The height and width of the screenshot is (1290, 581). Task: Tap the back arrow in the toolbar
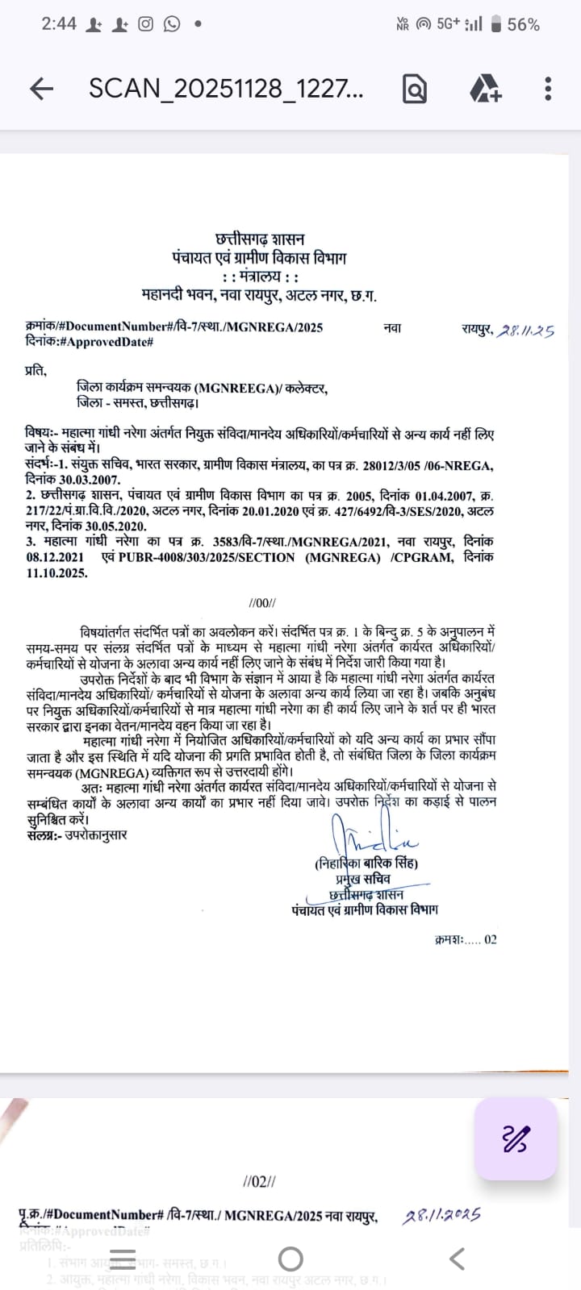pos(41,89)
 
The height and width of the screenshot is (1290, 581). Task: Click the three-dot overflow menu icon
pos(548,89)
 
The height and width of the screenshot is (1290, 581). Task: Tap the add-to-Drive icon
pos(485,89)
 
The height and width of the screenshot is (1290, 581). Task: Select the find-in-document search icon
pos(414,89)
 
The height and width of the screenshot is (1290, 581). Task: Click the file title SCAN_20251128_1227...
pos(226,89)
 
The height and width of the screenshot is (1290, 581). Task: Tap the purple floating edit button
pos(516,1139)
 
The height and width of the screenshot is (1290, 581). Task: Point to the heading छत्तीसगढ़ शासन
pos(260,239)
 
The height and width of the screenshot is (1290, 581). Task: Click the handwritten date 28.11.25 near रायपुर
pos(525,331)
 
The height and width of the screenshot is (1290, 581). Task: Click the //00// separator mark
pos(263,603)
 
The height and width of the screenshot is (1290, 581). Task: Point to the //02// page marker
pos(259,1182)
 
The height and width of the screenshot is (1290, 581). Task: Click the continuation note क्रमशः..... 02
pos(466,939)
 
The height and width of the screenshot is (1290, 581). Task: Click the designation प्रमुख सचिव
pos(363,879)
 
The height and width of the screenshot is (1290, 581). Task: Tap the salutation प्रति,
pos(36,371)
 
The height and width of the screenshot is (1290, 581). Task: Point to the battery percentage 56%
pos(523,25)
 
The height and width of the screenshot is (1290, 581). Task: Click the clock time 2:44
pos(59,24)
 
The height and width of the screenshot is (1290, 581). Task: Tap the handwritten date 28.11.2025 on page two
pos(441,1215)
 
